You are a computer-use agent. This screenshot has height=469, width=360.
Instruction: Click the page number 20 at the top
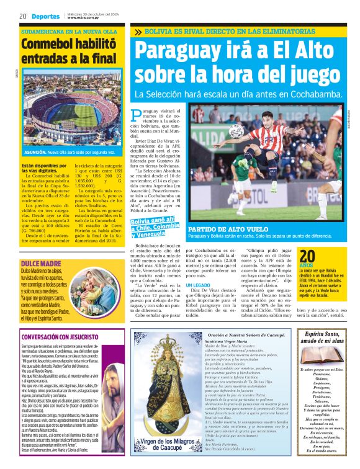(x=22, y=16)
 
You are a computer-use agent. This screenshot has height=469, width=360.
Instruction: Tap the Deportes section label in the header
(x=47, y=16)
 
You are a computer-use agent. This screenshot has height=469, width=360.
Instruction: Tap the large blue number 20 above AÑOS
(x=308, y=256)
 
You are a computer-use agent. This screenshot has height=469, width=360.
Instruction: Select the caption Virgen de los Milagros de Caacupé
(x=166, y=445)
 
